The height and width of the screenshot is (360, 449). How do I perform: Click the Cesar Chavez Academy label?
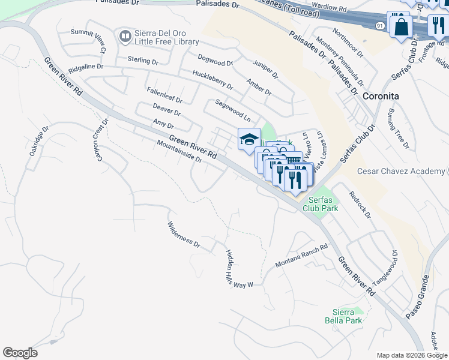pos(400,172)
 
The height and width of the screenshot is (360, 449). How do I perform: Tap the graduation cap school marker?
pos(249,140)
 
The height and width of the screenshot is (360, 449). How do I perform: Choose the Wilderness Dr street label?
pos(183,234)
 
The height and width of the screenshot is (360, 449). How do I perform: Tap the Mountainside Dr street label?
pos(179,151)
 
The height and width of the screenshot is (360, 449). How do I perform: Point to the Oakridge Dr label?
pos(38,142)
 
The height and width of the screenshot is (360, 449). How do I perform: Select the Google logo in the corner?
pos(20,353)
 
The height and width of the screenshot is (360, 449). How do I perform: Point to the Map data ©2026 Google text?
pos(411,355)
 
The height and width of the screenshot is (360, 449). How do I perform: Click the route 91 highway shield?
pos(380,26)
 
